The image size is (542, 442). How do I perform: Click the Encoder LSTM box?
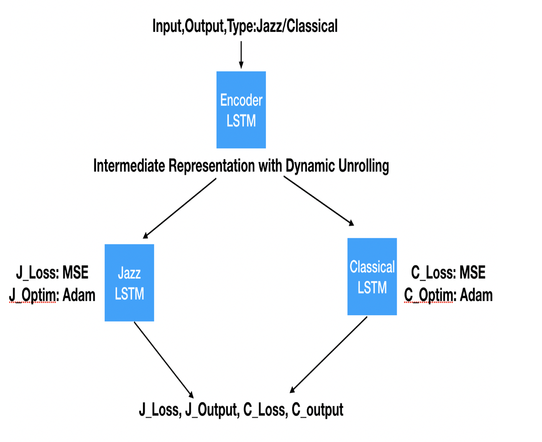click(x=241, y=110)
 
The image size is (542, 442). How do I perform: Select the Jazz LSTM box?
click(x=129, y=283)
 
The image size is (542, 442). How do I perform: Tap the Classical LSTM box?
click(x=372, y=277)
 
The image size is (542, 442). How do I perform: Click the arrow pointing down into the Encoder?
click(x=241, y=55)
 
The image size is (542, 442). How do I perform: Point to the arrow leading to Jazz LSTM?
click(x=179, y=208)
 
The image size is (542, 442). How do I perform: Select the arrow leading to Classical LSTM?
click(x=319, y=201)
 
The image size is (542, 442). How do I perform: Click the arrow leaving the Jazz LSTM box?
click(x=164, y=360)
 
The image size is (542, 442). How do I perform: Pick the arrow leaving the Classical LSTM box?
click(x=329, y=355)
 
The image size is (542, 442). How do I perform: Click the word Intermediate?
click(x=129, y=165)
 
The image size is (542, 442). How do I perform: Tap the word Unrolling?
click(x=363, y=166)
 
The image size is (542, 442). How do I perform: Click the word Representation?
click(x=212, y=166)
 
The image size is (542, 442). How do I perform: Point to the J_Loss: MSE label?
click(x=52, y=273)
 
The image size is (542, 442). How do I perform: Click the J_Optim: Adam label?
click(x=52, y=296)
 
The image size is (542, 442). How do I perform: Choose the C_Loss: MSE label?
click(x=448, y=273)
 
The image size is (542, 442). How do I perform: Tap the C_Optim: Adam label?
click(x=448, y=296)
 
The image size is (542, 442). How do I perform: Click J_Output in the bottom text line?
click(x=212, y=410)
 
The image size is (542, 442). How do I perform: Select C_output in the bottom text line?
click(x=317, y=410)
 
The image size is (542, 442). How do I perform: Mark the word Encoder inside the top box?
click(x=241, y=100)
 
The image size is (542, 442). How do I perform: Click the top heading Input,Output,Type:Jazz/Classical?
click(x=245, y=26)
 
